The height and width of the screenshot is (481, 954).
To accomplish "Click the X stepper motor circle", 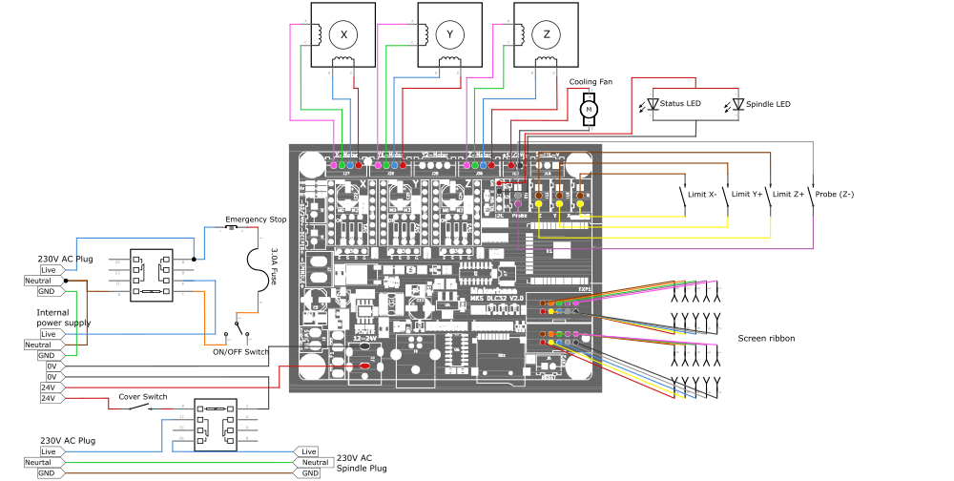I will (x=343, y=35).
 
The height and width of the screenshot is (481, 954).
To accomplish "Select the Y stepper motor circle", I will (x=450, y=35).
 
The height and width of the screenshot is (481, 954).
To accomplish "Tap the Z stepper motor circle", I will (x=547, y=35).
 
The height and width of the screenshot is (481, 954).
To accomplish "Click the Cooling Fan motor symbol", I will (x=589, y=110).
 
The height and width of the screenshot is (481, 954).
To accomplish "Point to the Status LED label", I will (x=680, y=103).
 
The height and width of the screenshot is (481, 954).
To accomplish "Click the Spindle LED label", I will (x=767, y=103).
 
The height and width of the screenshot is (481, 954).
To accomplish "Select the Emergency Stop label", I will (x=256, y=220).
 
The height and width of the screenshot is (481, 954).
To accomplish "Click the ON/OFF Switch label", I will (x=240, y=352).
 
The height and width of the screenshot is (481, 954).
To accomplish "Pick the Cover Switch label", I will (x=143, y=396).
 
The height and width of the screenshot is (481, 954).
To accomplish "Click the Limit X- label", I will (x=702, y=194).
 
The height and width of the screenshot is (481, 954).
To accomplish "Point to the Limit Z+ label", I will (x=790, y=194).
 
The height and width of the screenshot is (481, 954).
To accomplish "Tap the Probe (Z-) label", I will (x=835, y=194).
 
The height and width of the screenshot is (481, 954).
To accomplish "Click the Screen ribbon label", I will (x=766, y=338).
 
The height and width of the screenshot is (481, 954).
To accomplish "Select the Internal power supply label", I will (x=63, y=318).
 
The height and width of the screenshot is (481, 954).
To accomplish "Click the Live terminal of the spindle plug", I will (x=309, y=451).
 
